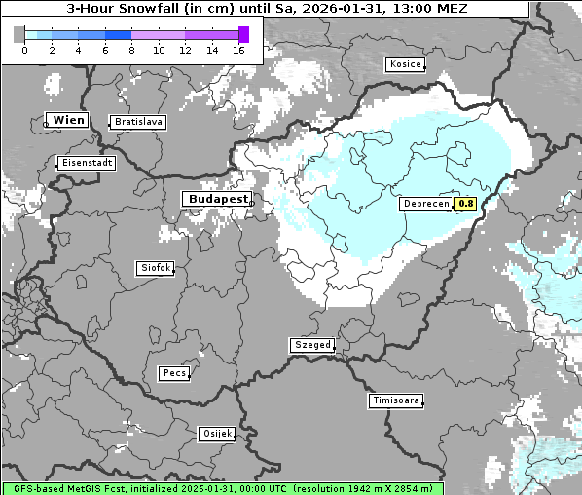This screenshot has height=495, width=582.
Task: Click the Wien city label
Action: coord(69,120)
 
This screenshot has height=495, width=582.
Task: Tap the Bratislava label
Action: coord(138,122)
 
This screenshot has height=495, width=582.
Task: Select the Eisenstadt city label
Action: coord(87,163)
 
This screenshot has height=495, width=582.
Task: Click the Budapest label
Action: coord(218,198)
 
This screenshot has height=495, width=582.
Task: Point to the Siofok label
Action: coord(154,267)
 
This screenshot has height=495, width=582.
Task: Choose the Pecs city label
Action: coord(173,373)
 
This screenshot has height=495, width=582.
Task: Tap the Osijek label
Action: coord(217,434)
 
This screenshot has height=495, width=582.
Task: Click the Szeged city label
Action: coord(312,345)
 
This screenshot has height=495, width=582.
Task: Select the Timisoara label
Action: coord(396,400)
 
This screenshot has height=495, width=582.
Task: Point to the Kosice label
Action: coord(405,64)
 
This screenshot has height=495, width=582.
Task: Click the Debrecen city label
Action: coord(425,204)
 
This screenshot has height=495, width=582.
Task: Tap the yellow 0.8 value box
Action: coord(465,204)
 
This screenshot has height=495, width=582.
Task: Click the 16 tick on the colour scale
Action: coord(238,49)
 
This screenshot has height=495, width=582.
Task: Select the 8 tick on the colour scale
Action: coord(131,49)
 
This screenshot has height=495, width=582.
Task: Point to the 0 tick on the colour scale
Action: coord(24,49)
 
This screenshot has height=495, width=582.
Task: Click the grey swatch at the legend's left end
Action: coord(19,34)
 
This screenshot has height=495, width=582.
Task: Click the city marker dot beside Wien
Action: coord(46,124)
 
